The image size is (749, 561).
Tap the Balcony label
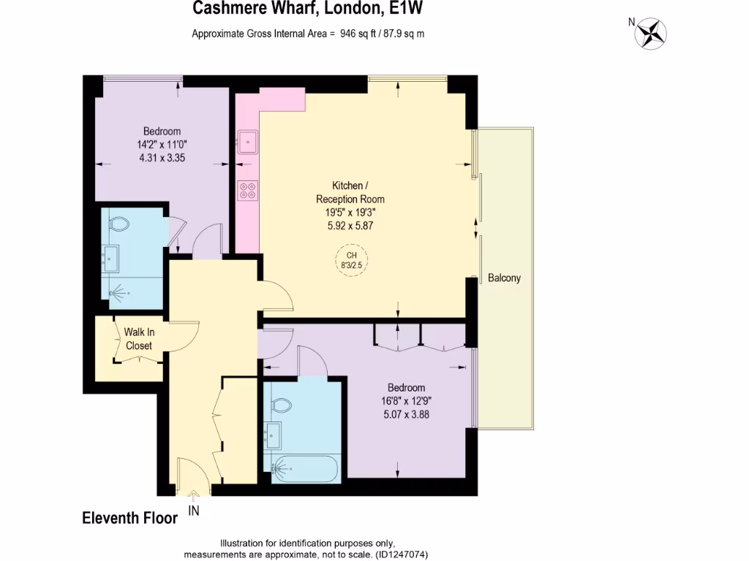(505, 278)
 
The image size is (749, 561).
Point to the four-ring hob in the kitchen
(247, 190)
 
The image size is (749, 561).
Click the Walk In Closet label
(138, 339)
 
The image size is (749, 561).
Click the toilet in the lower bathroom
(281, 404)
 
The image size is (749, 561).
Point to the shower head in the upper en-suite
(118, 294)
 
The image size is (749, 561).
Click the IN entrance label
(194, 511)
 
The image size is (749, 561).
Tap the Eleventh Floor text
(129, 518)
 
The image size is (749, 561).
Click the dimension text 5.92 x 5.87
(350, 226)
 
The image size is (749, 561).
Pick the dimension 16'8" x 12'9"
(405, 400)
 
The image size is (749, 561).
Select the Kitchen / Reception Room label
(350, 193)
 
